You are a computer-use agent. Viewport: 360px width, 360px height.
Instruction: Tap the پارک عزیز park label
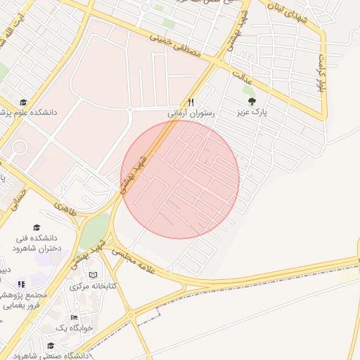(252, 112)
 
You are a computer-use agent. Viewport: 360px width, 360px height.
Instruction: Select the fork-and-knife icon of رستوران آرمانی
(190, 102)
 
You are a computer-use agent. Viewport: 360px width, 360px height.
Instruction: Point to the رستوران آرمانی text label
(190, 112)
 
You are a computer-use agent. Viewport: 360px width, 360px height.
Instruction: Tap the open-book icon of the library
(94, 275)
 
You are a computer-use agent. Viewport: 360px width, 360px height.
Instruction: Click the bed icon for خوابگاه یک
(74, 317)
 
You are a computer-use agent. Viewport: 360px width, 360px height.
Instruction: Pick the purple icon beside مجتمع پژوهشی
(21, 284)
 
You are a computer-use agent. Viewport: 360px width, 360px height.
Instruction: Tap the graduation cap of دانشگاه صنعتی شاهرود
(51, 345)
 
